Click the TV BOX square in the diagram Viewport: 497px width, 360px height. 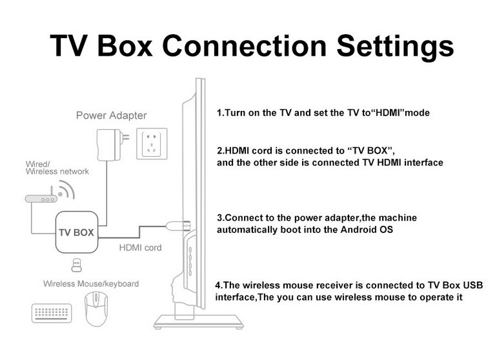point(76,231)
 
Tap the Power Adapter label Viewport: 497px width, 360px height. point(111,116)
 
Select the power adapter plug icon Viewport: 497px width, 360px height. point(107,143)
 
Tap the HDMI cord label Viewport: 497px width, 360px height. point(140,248)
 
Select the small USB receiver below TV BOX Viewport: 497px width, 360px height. point(76,265)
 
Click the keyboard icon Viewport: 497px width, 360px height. point(52,314)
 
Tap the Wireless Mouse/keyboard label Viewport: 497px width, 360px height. point(91,284)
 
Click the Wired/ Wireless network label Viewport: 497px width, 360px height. point(57,167)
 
